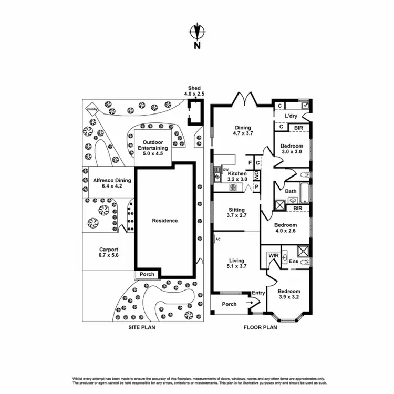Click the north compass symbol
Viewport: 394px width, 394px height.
click(x=197, y=33)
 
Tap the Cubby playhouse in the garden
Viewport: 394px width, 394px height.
click(x=92, y=109)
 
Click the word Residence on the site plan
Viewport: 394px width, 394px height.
click(x=164, y=221)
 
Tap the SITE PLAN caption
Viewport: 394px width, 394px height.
click(x=142, y=327)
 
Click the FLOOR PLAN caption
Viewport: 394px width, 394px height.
click(x=260, y=327)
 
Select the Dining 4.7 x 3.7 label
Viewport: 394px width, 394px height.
click(x=243, y=130)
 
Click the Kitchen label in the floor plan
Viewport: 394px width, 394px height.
click(x=237, y=176)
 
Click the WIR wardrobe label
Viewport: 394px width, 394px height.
click(x=273, y=256)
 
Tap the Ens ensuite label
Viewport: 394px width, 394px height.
click(x=294, y=261)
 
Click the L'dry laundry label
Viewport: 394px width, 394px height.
click(x=291, y=116)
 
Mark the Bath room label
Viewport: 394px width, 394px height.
click(x=291, y=191)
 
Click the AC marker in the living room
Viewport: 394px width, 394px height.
click(x=217, y=240)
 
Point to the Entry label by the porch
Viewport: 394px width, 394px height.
click(x=258, y=293)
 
